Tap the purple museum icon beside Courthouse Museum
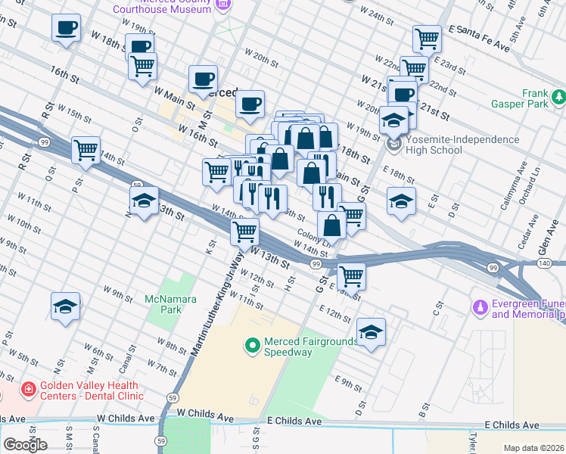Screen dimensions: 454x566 pos(223,6)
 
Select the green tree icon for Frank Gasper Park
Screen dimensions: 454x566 pos(558,97)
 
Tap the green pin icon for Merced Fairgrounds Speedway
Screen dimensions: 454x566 pos(252,346)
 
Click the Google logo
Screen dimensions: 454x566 pos(25,445)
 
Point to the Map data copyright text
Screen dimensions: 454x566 pos(533,448)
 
